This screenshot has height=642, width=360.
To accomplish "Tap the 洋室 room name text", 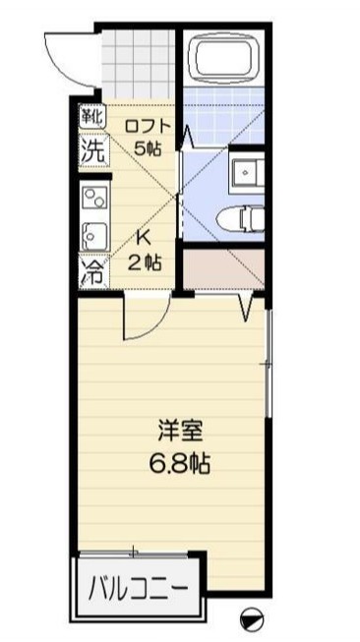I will pos(182,431).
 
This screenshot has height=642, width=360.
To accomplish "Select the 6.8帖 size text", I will pos(182,461).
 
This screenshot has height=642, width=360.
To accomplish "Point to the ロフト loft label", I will pos(149,126).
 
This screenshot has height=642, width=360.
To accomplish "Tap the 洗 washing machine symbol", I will pos(91,152).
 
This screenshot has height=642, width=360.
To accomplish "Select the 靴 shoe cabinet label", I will pos(91,116).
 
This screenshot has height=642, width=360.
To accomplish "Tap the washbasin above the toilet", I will pos(245,173).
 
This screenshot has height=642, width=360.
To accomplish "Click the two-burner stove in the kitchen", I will pos(94,197).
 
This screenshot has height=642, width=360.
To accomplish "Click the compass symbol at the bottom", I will pos(252,618).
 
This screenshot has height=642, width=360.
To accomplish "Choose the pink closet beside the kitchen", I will pos(224,269).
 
